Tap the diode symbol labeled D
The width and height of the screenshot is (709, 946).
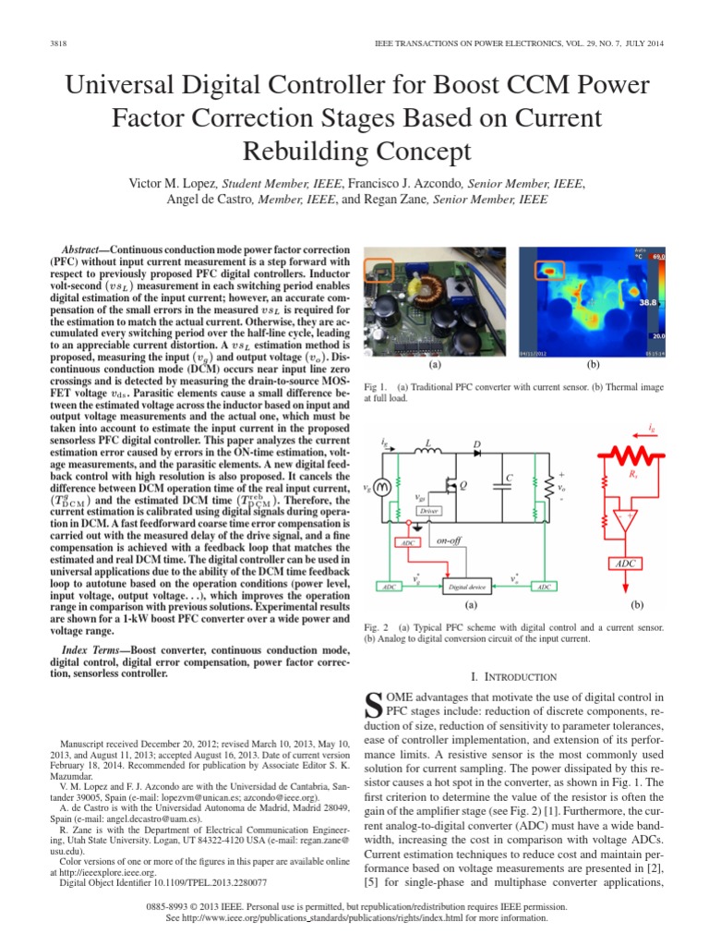(476, 454)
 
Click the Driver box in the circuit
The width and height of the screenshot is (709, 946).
(427, 510)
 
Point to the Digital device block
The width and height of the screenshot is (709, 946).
(468, 586)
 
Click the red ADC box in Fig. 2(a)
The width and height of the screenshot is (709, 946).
(407, 543)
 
